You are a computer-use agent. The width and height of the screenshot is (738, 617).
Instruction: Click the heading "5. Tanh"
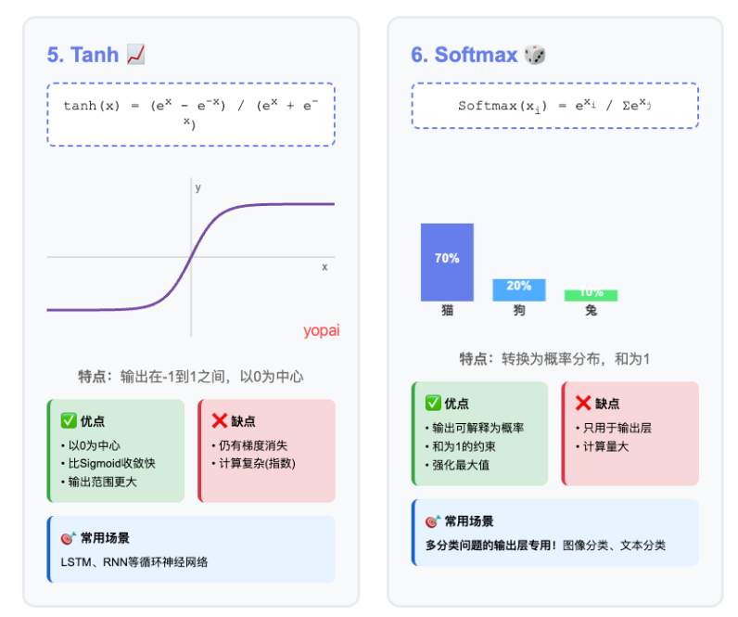83,55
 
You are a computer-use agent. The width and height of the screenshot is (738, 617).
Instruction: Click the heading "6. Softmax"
464,55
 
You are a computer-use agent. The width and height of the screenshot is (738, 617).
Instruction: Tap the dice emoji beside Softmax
535,55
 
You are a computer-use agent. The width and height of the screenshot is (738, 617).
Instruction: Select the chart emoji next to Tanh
135,55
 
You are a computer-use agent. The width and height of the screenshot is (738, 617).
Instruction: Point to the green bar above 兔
591,295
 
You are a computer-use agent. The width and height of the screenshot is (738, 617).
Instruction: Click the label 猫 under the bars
447,311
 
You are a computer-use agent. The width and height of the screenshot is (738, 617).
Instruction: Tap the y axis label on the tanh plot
197,187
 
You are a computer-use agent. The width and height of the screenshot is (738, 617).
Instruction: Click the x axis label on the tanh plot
324,267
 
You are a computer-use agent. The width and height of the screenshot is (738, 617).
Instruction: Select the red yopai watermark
321,330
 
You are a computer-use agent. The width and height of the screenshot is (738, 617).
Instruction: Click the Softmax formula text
554,106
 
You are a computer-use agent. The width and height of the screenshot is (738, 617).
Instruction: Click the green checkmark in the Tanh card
68,421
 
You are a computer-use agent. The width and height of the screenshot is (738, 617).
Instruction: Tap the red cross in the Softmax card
583,404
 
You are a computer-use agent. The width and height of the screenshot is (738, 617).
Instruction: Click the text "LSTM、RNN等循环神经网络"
134,562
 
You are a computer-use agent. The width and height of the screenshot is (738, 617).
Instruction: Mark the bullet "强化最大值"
461,464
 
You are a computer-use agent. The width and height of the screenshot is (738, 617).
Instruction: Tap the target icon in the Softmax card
431,521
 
